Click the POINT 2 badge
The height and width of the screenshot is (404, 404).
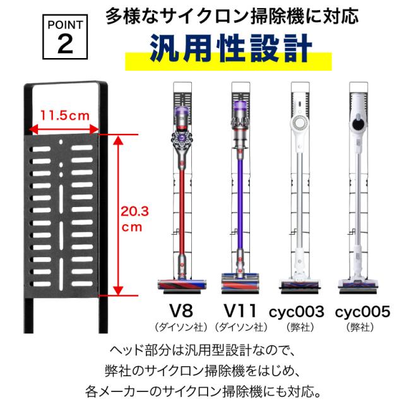click(x=65, y=37)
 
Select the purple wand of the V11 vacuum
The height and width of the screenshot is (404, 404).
click(x=240, y=208)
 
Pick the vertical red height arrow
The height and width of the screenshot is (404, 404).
click(x=117, y=215)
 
